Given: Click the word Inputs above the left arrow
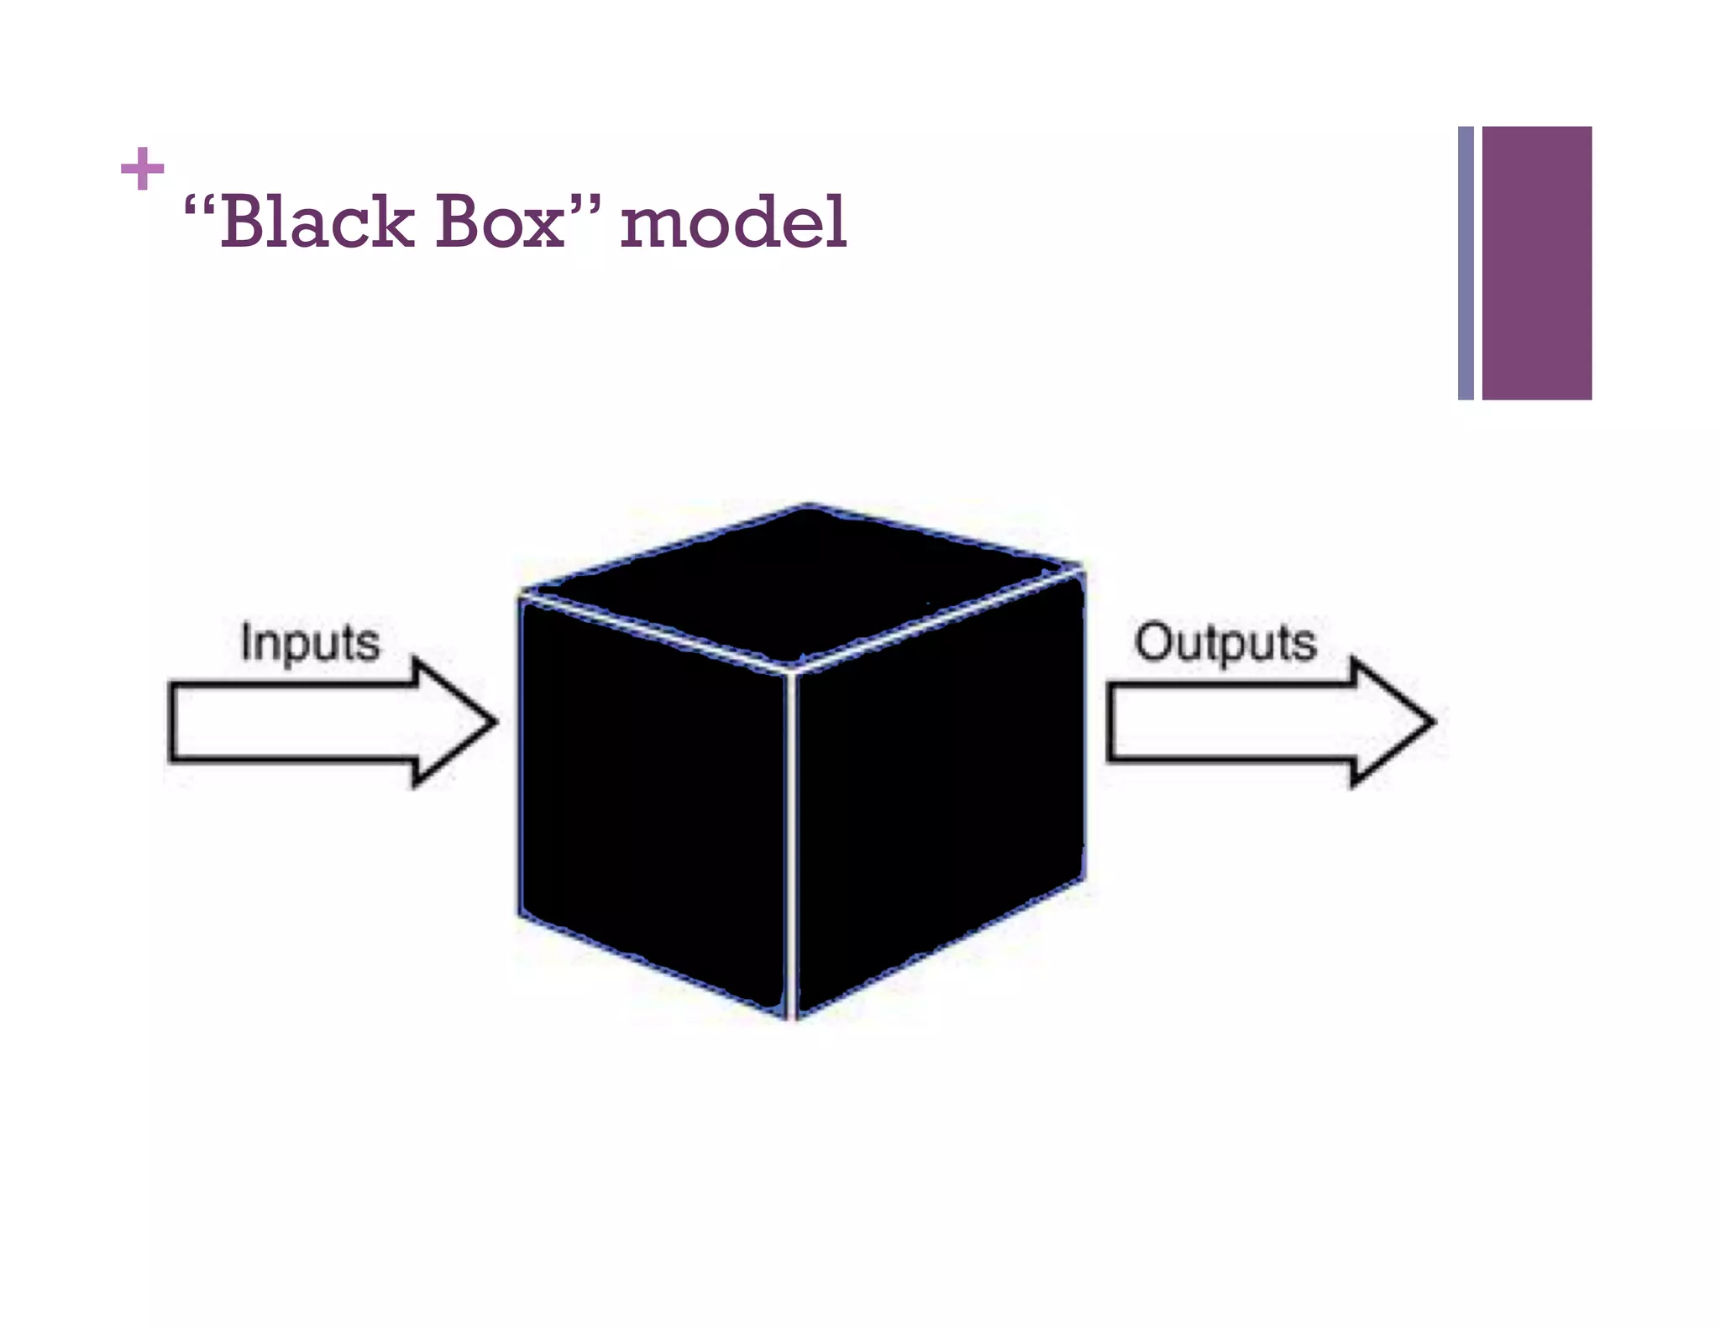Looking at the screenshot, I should point(310,643).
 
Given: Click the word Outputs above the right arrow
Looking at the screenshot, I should point(1225,643).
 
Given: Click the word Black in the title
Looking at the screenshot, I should point(317,222).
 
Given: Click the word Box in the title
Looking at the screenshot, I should point(501,222).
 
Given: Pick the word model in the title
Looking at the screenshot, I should point(733,222).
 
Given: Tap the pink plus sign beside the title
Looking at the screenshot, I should point(142,169).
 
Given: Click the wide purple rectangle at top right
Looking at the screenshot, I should point(1536,263).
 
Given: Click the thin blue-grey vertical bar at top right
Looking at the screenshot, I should point(1466,263).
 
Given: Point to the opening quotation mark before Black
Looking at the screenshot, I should point(199,205).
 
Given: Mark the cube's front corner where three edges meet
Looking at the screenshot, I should point(791,669).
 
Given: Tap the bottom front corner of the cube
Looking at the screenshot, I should point(791,1017).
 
